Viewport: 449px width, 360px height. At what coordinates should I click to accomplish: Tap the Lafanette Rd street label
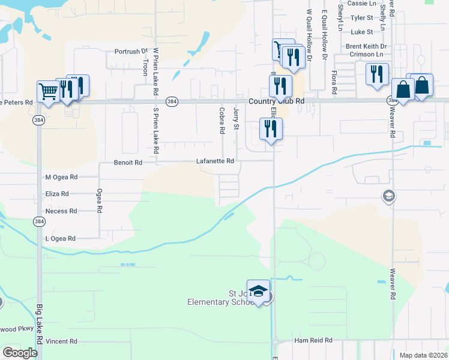point(215,161)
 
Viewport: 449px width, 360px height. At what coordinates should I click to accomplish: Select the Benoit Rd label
point(128,162)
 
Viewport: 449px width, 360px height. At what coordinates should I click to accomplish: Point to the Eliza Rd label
point(57,194)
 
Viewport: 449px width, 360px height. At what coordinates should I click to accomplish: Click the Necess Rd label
point(61,211)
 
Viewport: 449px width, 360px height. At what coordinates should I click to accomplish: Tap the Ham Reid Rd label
point(313,340)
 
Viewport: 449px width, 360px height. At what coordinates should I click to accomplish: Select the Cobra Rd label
point(222,120)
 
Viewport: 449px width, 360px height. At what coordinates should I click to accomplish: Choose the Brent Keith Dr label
point(366,46)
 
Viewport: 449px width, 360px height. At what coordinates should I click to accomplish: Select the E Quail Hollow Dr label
point(324,35)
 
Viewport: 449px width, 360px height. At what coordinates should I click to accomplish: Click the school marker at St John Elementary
point(259,290)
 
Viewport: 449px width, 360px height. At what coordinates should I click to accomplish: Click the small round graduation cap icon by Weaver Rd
point(389,196)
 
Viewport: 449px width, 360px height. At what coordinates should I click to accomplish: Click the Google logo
point(20,353)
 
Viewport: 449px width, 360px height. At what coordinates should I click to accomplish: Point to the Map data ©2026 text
point(423,355)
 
